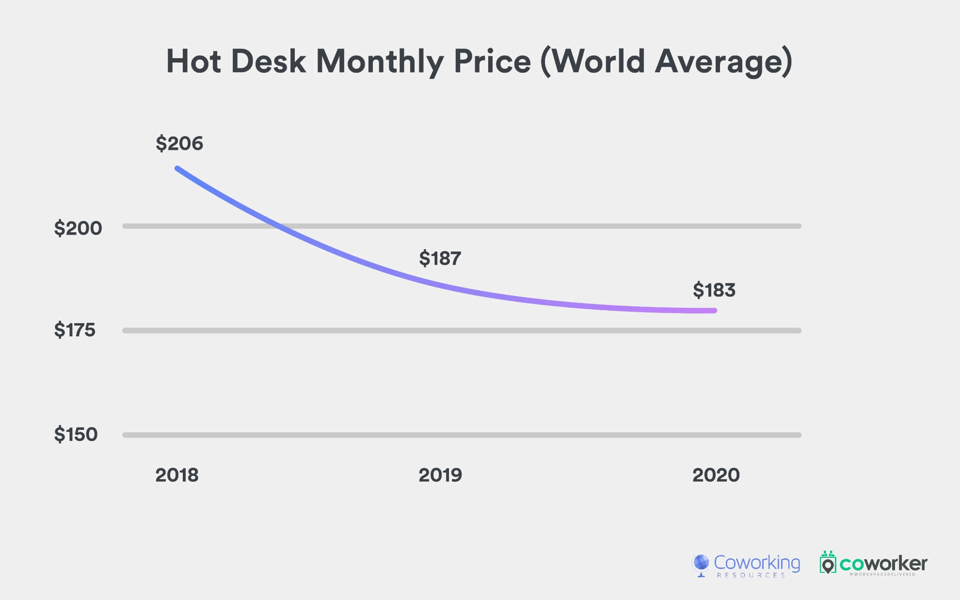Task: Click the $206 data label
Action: tap(179, 143)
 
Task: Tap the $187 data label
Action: tap(440, 258)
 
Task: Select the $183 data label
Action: tap(714, 290)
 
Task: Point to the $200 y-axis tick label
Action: tap(78, 228)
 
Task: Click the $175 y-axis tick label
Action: tap(75, 330)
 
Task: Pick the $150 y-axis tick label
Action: tap(76, 434)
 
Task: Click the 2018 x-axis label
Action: tap(176, 475)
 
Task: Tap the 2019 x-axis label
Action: tap(440, 475)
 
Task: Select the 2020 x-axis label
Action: tap(716, 475)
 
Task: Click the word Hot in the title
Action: tap(193, 62)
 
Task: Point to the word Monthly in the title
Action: tap(379, 62)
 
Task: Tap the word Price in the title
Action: tap(492, 62)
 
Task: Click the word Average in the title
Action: tap(722, 62)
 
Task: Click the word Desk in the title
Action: tap(268, 62)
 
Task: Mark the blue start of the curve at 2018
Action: tap(178, 169)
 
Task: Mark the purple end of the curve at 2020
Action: tap(714, 311)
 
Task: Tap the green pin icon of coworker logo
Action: tap(828, 564)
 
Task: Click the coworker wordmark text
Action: tap(883, 564)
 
